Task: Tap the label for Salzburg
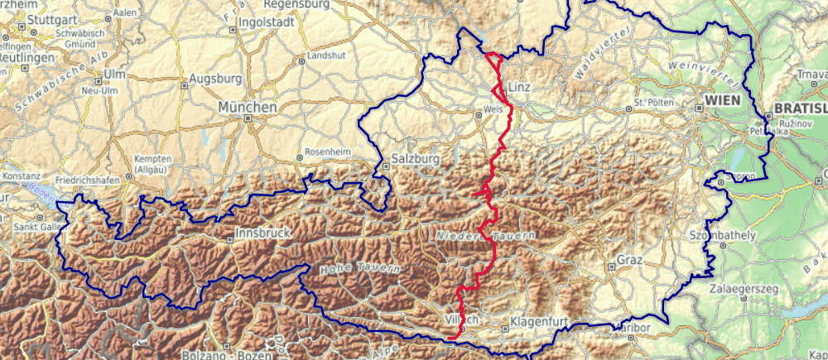414,158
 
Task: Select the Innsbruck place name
263,234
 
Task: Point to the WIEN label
720,99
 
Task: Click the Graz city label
629,262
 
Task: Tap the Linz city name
518,87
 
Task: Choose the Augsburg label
215,79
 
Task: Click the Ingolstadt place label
265,22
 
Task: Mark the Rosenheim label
323,152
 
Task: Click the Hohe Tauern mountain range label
360,268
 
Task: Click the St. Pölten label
651,103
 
